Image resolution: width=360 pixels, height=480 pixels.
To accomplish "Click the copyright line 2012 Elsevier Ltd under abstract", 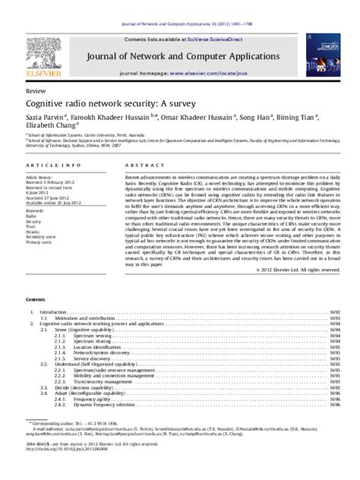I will click(x=295, y=311).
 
